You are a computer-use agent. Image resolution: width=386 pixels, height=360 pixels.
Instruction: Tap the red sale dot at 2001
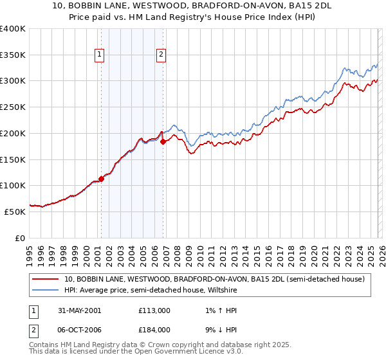(x=102, y=179)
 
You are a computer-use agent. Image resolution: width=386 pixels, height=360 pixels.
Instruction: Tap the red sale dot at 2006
(x=163, y=141)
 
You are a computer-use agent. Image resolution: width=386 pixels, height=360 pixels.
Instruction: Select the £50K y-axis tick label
(x=15, y=212)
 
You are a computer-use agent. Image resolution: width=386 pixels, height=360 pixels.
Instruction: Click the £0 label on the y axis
(x=20, y=238)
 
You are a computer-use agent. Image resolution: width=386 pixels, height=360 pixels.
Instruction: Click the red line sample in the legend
(x=46, y=279)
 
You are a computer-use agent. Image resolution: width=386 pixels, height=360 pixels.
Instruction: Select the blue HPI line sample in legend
(x=46, y=291)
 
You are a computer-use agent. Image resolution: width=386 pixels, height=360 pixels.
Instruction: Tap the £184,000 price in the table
(x=154, y=330)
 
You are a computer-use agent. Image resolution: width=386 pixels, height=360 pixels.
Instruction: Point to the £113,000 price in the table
(x=154, y=310)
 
